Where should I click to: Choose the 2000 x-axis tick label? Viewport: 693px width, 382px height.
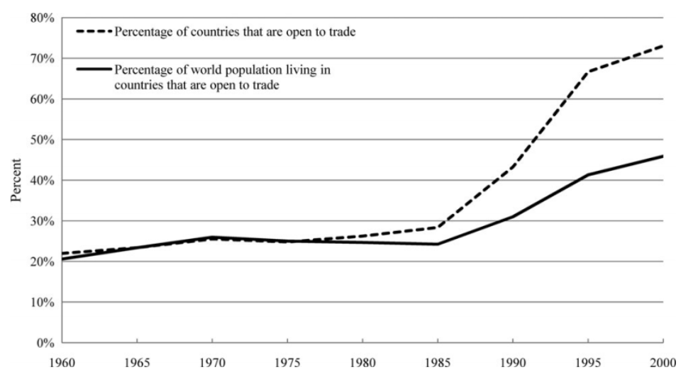click(664, 359)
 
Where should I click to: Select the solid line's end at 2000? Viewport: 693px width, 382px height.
click(663, 156)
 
